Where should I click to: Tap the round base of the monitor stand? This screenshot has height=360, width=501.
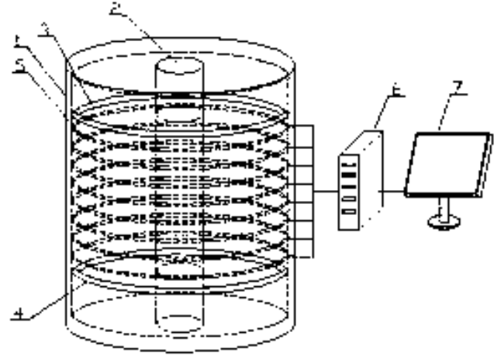(444, 222)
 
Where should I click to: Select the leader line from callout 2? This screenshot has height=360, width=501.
(140, 31)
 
